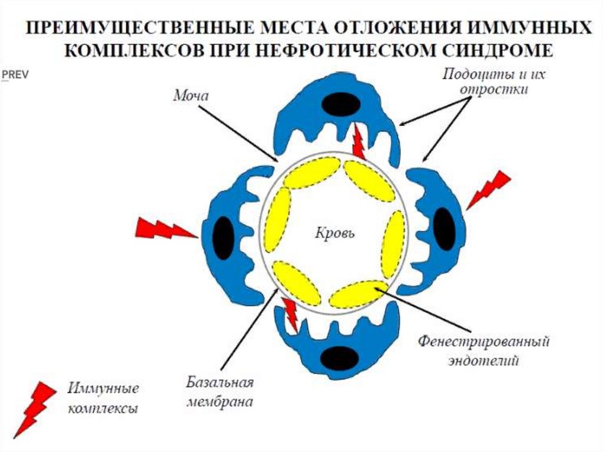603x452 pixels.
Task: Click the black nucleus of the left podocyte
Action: (x=223, y=237)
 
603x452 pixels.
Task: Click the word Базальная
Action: (x=221, y=384)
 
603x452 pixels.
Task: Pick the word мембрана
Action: (x=220, y=402)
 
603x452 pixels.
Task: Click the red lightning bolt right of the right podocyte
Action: (x=489, y=189)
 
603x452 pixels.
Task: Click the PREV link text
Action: (x=15, y=75)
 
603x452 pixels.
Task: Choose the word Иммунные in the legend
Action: (x=103, y=390)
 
